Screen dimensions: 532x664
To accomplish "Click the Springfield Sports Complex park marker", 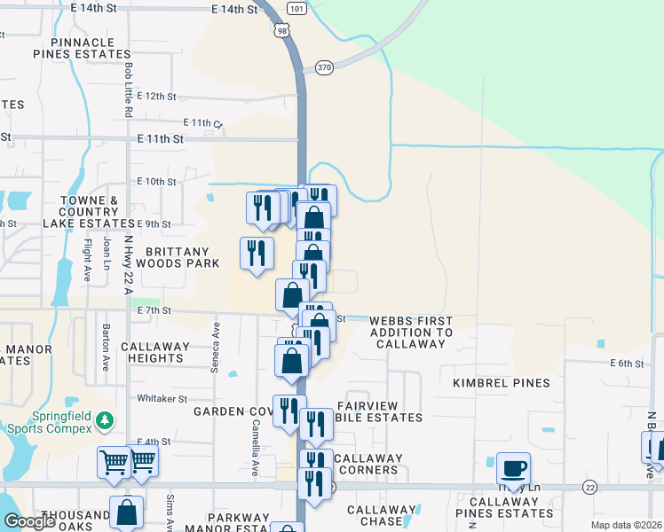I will point(106,419).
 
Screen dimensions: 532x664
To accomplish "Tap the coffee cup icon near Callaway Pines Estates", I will point(513,467).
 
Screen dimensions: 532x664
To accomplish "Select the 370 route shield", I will point(323,67).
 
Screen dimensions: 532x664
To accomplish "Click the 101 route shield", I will point(297,9).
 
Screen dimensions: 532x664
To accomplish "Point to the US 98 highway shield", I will point(283,30).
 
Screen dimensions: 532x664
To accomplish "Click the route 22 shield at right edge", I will point(590,487).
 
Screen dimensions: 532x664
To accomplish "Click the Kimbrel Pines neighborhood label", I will point(502,383).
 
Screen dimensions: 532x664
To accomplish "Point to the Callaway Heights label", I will point(155,352).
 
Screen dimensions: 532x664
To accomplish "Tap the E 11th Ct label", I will point(203,122).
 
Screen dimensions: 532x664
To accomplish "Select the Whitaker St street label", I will point(162,399).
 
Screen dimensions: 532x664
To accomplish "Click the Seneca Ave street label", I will point(215,336).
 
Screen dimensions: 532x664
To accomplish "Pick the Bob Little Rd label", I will point(129,89).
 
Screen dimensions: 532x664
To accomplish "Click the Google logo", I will point(29,521).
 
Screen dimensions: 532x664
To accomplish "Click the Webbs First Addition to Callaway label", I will point(411,332).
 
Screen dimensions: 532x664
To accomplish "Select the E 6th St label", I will point(626,364).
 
